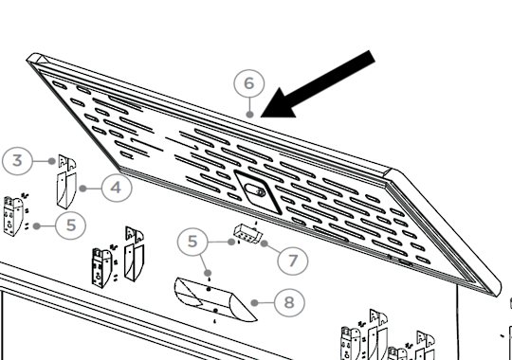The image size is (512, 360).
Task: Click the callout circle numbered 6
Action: tap(248, 83)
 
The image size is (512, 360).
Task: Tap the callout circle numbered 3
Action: tap(17, 161)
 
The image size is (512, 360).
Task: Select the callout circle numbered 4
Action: tap(117, 188)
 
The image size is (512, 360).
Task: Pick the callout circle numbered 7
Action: tap(293, 261)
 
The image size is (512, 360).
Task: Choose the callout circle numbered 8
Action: tap(289, 302)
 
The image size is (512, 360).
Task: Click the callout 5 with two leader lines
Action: tap(192, 242)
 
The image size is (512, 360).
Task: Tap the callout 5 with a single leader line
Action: tap(71, 225)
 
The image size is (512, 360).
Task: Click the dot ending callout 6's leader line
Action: tap(249, 115)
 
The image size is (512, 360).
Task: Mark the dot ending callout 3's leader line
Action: tap(51, 161)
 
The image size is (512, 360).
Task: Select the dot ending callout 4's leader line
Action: tap(82, 189)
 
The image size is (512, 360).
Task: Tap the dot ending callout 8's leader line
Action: tap(254, 303)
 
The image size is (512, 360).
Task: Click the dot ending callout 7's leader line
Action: tap(265, 243)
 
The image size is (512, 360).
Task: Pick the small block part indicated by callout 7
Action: tap(247, 234)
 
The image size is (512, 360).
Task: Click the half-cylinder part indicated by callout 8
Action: tap(214, 299)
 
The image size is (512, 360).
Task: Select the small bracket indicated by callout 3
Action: tap(67, 162)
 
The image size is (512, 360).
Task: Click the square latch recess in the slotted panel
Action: tap(258, 192)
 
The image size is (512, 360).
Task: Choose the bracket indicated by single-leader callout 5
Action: tap(14, 216)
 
